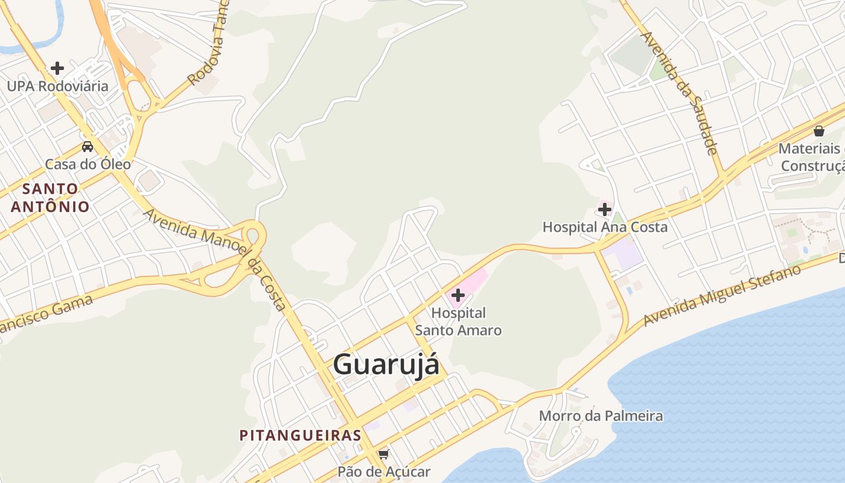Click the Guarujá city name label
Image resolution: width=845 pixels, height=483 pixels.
[386, 365]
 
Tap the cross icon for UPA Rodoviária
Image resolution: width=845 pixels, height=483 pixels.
[57, 68]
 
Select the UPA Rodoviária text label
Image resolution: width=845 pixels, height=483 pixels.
[58, 86]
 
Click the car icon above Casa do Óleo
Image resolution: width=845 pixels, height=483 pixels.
[88, 146]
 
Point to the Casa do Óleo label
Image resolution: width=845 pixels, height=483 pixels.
[88, 164]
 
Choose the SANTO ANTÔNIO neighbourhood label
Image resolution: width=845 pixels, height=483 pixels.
[50, 197]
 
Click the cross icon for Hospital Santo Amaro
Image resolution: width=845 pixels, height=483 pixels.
[458, 295]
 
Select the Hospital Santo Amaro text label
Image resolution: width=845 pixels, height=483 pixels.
[459, 322]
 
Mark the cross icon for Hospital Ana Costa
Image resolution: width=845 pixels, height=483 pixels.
[604, 210]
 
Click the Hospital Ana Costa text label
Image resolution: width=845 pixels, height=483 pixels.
[605, 227]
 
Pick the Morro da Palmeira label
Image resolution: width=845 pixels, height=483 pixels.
[601, 416]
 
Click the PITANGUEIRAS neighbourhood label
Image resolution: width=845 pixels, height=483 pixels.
[301, 435]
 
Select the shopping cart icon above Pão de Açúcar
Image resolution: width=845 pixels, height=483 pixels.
[383, 454]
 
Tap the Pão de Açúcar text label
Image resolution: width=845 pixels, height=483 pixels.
[384, 472]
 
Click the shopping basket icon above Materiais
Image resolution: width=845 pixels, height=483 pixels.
[819, 130]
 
